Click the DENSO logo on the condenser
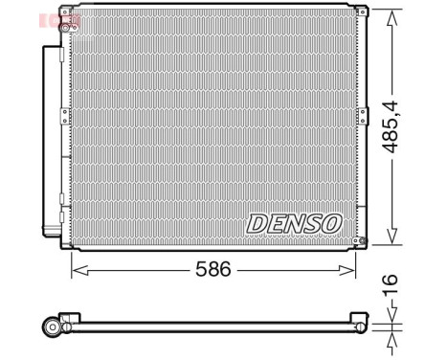pyautogui.click(x=294, y=223)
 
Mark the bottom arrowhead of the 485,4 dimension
pyautogui.click(x=391, y=243)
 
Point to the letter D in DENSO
pyautogui.click(x=257, y=223)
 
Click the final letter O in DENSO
pyautogui.click(x=330, y=223)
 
